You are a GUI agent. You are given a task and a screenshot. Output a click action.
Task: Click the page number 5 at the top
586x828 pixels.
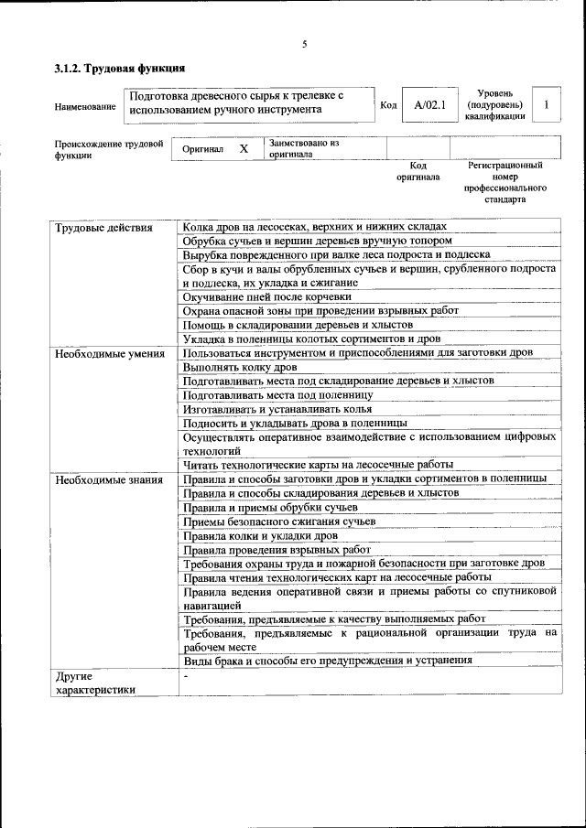coord(305,45)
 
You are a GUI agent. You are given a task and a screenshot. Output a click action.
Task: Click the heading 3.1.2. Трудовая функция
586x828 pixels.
coord(120,68)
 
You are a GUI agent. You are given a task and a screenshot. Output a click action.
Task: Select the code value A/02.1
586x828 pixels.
coord(429,105)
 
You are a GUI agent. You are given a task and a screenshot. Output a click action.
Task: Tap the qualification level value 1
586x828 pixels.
coord(547,105)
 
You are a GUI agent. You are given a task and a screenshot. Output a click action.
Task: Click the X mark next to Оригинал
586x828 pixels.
coord(244,148)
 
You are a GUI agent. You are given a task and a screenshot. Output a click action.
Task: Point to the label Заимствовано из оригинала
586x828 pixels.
coord(304,148)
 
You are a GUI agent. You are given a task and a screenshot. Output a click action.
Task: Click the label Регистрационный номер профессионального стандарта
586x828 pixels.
coord(505,182)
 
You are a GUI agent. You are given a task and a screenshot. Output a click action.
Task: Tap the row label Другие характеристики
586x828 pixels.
coord(94,683)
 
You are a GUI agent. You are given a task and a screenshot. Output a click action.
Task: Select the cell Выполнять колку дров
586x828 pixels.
coord(240,367)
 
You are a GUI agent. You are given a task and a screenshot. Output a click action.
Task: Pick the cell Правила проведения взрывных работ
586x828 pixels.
coord(276,550)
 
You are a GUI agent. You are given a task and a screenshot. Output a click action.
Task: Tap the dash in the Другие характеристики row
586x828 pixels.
coord(185,676)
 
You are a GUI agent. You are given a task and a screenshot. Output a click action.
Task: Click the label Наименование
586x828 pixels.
coord(85,107)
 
